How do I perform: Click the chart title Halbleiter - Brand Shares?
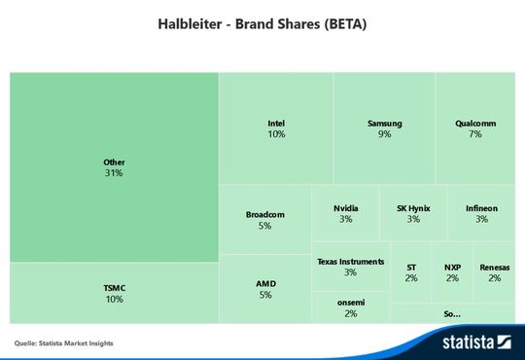[262, 22]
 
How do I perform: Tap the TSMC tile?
[114, 293]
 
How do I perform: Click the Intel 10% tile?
[276, 128]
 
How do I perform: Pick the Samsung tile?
[384, 128]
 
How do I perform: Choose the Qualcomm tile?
[474, 128]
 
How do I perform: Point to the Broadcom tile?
[264, 219]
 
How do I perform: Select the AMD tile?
[264, 289]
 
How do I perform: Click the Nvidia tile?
[345, 213]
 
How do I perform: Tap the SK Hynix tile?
[413, 213]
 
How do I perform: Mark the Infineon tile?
[481, 213]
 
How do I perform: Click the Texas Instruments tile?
[350, 267]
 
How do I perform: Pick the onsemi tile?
[350, 307]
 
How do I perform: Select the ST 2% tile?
[410, 272]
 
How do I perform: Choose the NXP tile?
[452, 272]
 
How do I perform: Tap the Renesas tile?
[494, 272]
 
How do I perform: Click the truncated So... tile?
[452, 313]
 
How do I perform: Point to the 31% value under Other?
[114, 173]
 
